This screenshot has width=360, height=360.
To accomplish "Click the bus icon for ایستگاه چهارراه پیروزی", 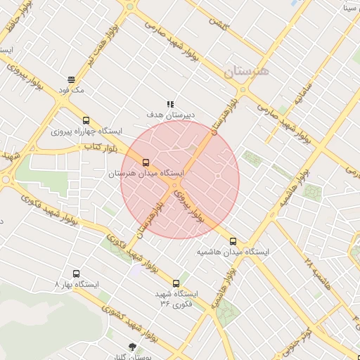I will click(86, 120).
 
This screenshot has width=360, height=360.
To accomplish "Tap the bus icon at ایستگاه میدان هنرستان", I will click(146, 162).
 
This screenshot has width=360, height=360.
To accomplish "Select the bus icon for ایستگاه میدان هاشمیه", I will click(233, 241).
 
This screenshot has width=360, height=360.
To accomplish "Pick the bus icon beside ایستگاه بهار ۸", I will click(76, 274).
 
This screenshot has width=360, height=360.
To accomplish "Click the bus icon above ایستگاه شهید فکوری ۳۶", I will click(176, 283).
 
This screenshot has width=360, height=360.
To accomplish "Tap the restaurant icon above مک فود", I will click(71, 79).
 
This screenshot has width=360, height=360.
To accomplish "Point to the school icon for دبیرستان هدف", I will click(170, 103).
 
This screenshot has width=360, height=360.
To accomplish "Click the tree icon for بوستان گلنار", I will click(133, 346).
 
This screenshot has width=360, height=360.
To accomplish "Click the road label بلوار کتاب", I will click(99, 147).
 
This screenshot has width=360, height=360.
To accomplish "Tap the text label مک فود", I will click(72, 90).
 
